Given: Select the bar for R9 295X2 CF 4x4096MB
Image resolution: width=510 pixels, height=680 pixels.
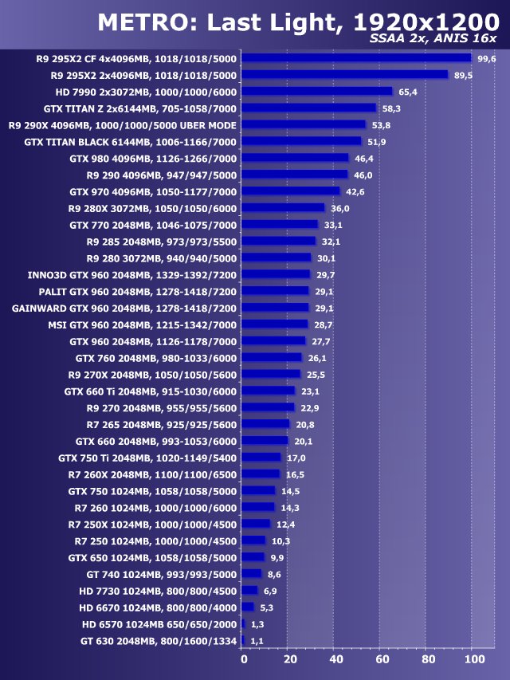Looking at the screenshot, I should pyautogui.click(x=355, y=58).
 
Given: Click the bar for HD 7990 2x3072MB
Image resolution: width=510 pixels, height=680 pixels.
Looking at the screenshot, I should pyautogui.click(x=316, y=92).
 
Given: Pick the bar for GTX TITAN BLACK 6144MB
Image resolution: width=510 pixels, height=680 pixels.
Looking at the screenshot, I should pyautogui.click(x=300, y=141).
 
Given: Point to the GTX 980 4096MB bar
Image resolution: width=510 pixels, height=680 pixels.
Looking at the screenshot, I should pyautogui.click(x=295, y=158).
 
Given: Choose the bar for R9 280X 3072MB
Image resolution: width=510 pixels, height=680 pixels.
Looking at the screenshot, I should pyautogui.click(x=283, y=208).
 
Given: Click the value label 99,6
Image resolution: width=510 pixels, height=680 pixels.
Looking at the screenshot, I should pyautogui.click(x=486, y=58).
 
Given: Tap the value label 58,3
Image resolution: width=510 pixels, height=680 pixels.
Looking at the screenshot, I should pyautogui.click(x=392, y=108).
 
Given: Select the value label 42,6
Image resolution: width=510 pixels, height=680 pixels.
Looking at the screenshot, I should pyautogui.click(x=355, y=191).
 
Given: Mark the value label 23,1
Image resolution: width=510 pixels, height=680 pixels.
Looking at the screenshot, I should pyautogui.click(x=311, y=391).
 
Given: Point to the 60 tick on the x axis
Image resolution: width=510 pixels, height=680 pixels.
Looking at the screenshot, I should pyautogui.click(x=383, y=659).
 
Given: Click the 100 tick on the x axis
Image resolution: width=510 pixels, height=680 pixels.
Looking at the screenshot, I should pyautogui.click(x=473, y=659).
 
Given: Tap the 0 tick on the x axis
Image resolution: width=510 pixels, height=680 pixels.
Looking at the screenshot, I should pyautogui.click(x=244, y=659).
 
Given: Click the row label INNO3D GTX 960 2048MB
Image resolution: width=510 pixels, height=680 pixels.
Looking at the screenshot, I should pyautogui.click(x=131, y=274).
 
